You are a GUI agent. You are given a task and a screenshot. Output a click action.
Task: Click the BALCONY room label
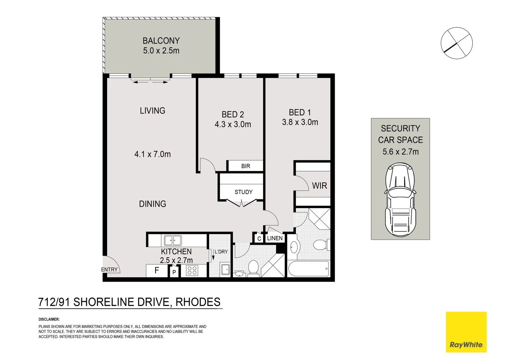coord(161,41)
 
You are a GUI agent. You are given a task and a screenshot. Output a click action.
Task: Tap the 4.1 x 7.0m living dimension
coord(152,154)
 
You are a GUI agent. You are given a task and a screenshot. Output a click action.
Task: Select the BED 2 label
coord(233,115)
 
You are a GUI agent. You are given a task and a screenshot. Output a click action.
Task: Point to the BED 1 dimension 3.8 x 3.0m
coord(300,122)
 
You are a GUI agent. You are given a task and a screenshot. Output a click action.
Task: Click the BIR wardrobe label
coord(245,166)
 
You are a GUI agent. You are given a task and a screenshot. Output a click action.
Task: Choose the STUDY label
coord(243,192)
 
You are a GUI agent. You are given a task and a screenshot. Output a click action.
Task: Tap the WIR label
coord(319,186)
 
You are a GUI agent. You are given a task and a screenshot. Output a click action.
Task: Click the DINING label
coord(152,204)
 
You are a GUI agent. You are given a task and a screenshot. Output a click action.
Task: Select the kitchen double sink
coord(172,240)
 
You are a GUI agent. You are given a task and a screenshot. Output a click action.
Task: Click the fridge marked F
coord(157,270)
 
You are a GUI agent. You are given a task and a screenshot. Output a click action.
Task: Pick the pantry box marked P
coord(174,272)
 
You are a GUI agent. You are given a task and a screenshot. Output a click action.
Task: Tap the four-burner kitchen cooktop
coord(192,270)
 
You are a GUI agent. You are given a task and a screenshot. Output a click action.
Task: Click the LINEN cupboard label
coord(275,238)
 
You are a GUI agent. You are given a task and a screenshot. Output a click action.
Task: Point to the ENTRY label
coord(109,269)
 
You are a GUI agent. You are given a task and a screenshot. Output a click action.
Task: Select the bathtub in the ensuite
coord(309,269)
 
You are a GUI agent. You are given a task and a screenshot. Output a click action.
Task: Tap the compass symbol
coord(457,43)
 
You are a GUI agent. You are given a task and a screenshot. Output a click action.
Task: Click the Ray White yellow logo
coord(466,332)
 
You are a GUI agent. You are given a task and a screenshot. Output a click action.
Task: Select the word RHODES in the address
coord(198,302)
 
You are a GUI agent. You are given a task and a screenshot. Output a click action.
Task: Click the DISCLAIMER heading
coord(49,319)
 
